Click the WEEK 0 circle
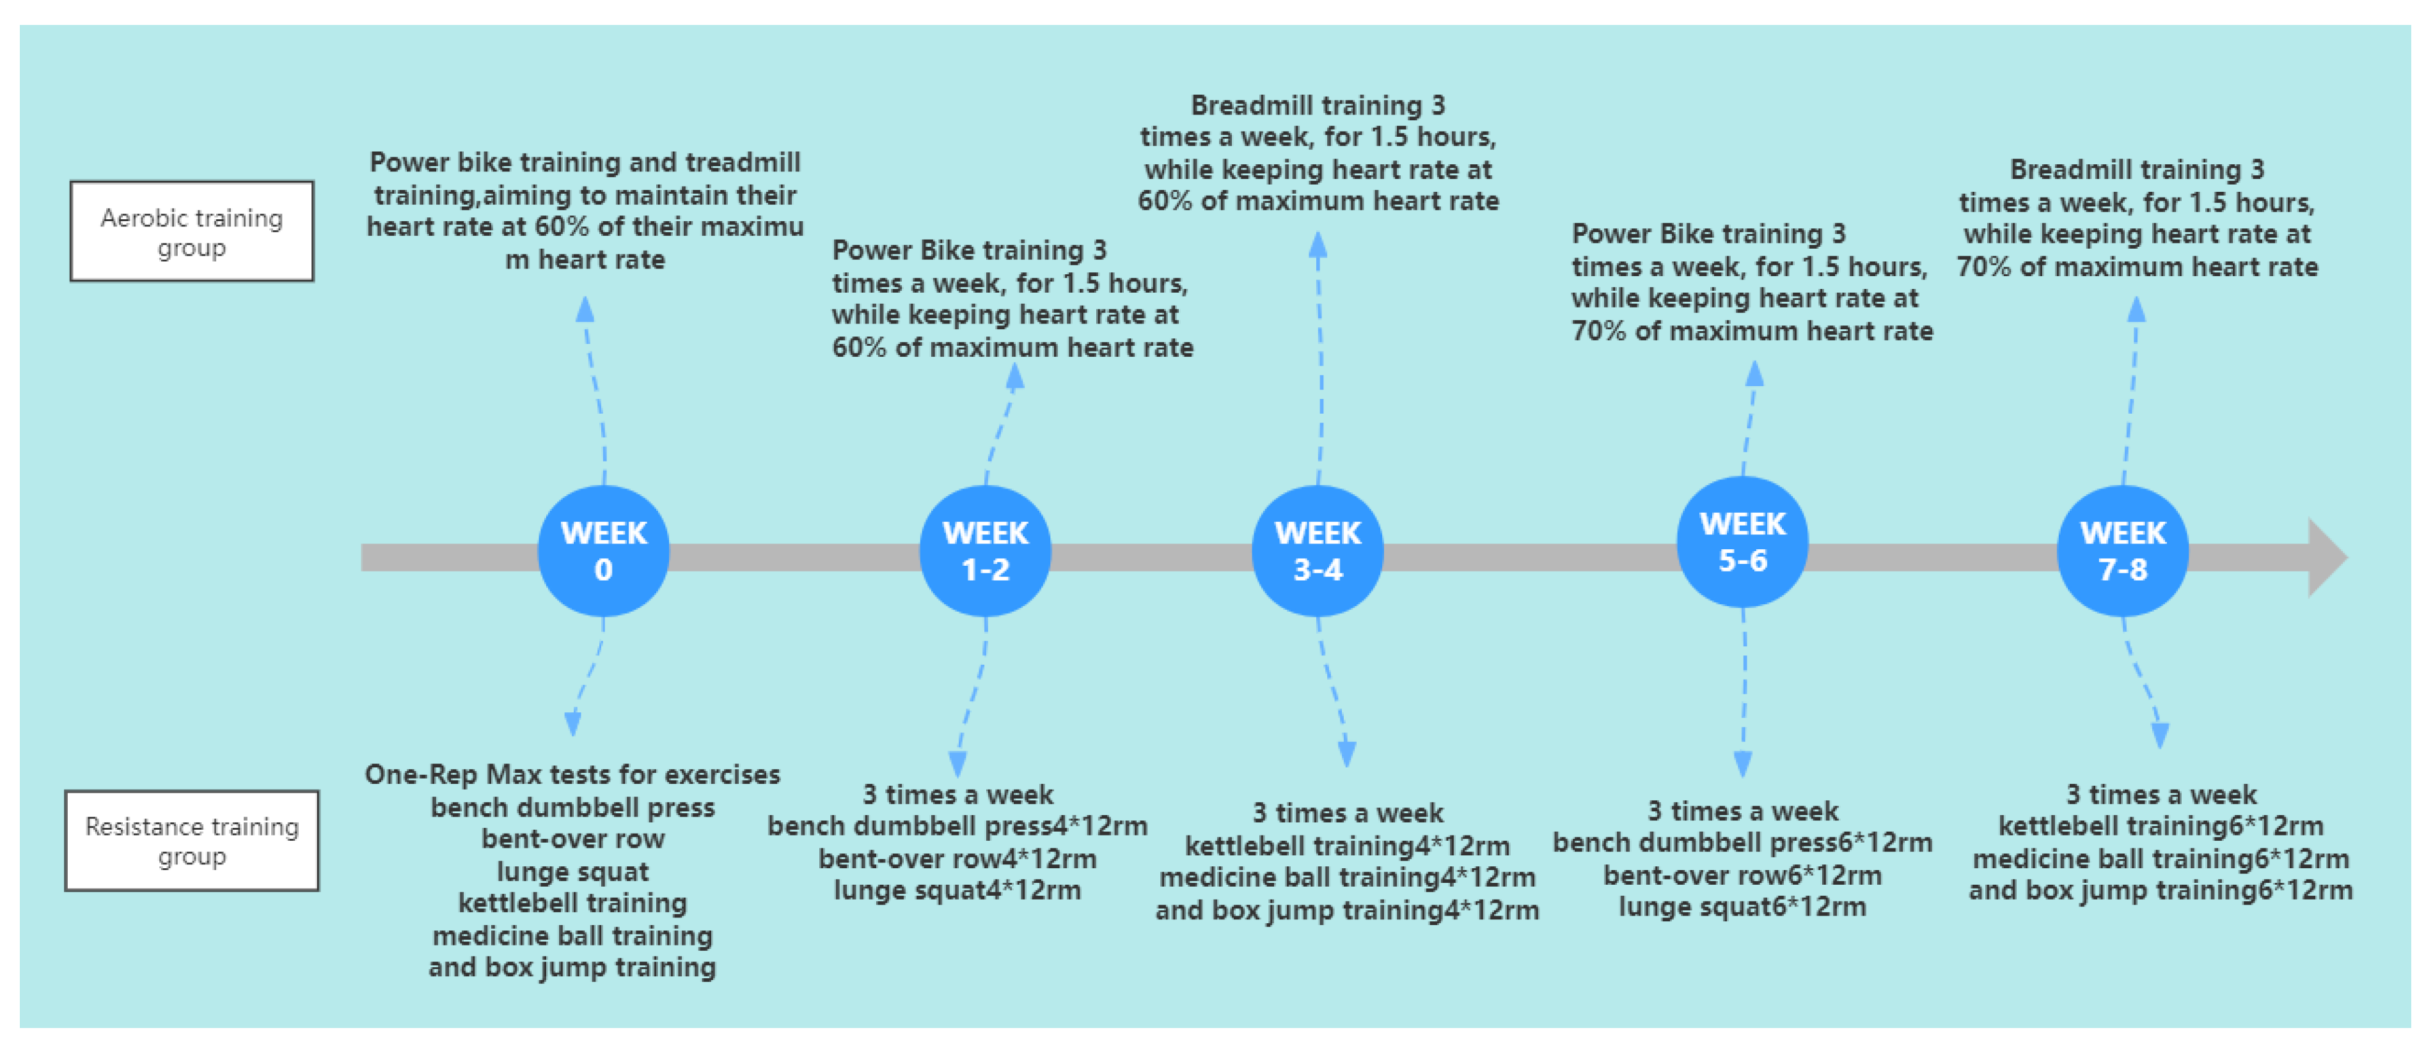coord(604,551)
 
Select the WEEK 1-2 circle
coord(985,551)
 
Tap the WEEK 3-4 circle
coord(1318,551)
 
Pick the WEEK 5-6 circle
coord(1743,542)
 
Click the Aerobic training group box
coord(192,231)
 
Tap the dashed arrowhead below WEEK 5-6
coord(1744,763)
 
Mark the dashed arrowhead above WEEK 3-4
coord(1318,245)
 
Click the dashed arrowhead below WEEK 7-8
coord(2160,735)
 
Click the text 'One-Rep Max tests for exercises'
coord(572,775)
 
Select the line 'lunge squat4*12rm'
coord(957,890)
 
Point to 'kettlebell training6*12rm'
coord(2160,826)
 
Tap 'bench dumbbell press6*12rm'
coord(1743,842)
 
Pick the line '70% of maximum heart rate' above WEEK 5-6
coord(1752,331)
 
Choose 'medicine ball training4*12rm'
coord(1347,878)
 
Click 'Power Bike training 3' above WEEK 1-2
coord(969,250)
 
